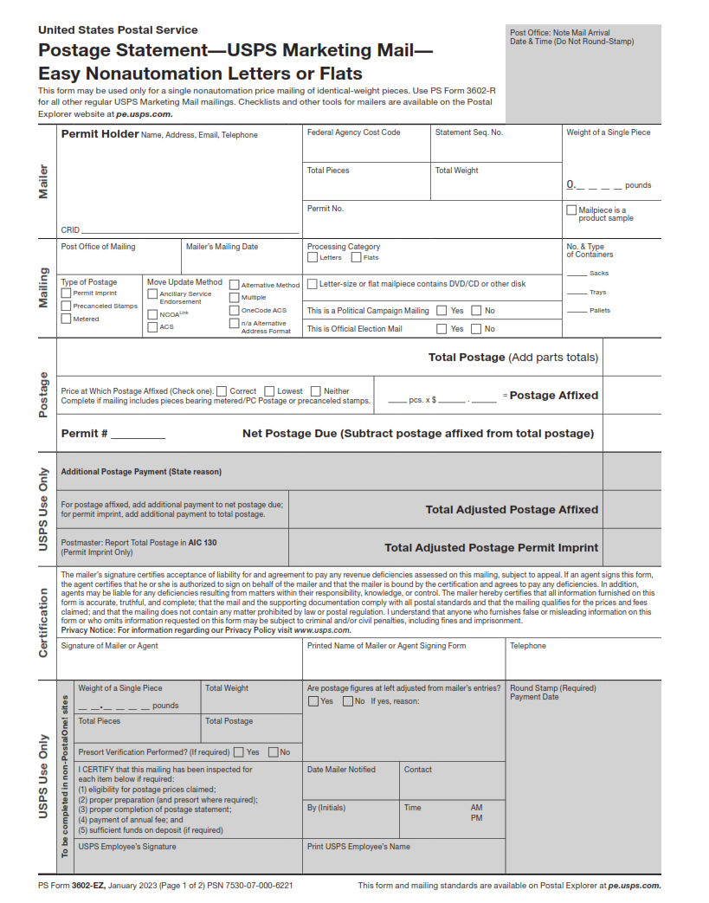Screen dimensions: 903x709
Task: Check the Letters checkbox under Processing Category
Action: [313, 257]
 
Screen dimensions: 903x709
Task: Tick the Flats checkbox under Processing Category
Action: [356, 257]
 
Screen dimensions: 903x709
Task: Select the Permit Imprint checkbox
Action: [66, 293]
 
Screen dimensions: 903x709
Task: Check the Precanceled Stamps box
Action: [66, 306]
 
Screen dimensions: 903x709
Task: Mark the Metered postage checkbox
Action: [66, 319]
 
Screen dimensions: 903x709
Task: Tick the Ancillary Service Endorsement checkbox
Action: [152, 294]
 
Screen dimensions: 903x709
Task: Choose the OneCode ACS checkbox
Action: [234, 309]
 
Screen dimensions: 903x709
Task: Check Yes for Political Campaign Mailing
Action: [442, 310]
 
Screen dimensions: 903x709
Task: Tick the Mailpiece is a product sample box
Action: [571, 210]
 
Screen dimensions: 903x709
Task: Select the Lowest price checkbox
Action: [269, 391]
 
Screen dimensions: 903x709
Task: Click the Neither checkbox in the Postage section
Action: [316, 391]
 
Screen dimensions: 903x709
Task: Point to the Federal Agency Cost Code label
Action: [353, 132]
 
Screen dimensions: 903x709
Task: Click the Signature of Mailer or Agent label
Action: [109, 646]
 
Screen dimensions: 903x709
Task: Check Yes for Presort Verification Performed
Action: [239, 751]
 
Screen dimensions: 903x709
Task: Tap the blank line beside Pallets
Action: [576, 311]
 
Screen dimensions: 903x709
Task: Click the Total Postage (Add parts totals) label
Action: [512, 358]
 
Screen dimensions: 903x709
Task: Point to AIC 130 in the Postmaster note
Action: [203, 543]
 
